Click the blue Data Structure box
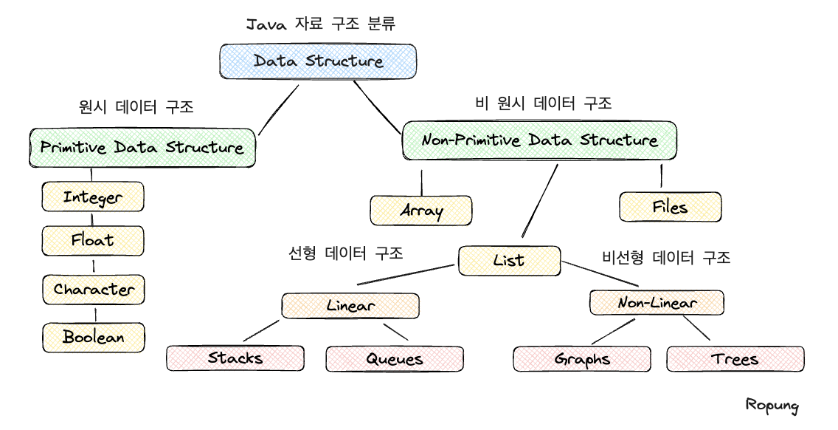tap(318, 61)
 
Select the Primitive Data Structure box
tap(142, 148)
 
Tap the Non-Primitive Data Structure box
tap(539, 140)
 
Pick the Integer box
tap(93, 197)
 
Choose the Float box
tap(93, 240)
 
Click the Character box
tap(94, 289)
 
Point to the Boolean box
tap(94, 337)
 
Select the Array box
tap(421, 211)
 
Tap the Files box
tap(670, 207)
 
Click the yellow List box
tap(509, 260)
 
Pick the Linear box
tap(350, 305)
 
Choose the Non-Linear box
tap(657, 302)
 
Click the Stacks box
tap(235, 358)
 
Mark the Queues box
tap(395, 359)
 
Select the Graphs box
tap(582, 360)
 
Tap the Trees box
tap(735, 360)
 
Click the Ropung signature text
tap(772, 404)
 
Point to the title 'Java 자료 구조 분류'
tap(320, 24)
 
